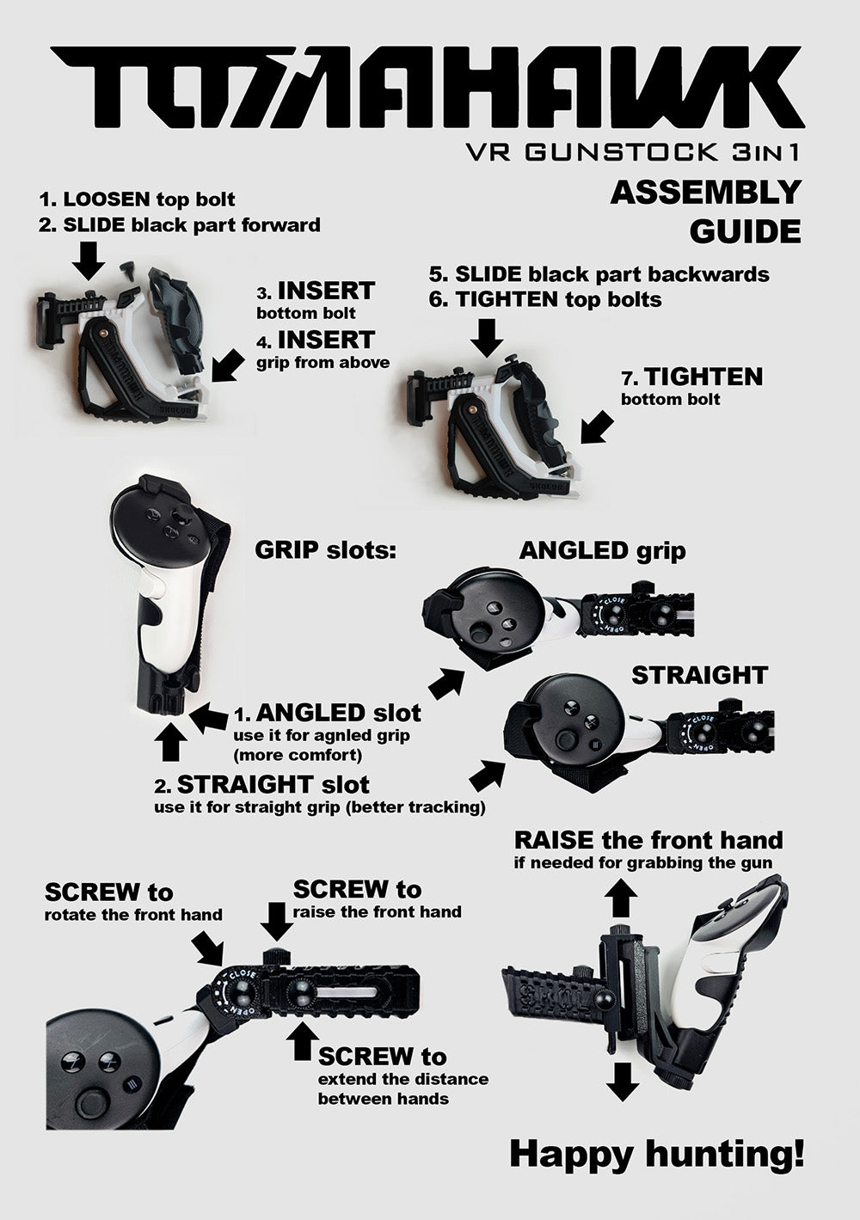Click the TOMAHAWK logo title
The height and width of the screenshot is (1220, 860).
point(427,87)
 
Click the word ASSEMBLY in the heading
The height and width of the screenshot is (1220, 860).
point(706,193)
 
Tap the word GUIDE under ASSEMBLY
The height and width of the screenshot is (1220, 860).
point(745,231)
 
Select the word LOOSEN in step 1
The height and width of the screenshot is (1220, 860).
point(106,199)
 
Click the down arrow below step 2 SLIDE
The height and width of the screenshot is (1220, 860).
point(89,261)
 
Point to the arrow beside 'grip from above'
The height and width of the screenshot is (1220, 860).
point(228,365)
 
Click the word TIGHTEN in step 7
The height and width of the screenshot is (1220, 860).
point(703,377)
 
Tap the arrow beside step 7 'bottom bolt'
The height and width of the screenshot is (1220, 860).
point(598,427)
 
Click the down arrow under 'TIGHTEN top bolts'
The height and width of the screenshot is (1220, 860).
point(487,338)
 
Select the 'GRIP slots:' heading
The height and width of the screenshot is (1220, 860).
point(325,550)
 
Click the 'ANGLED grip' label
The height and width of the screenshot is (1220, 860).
point(602,550)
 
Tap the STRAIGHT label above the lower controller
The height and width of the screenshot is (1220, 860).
point(699,676)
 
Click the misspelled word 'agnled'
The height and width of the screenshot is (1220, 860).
point(335,736)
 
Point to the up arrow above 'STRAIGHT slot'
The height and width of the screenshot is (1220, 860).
point(170,742)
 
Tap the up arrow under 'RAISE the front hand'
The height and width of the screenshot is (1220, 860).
point(622,898)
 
